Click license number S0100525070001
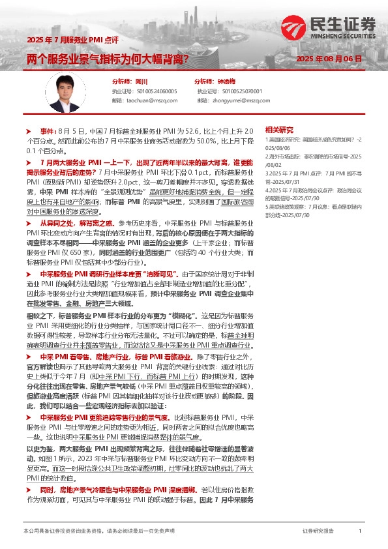click(x=239, y=92)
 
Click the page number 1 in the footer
click(x=360, y=532)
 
